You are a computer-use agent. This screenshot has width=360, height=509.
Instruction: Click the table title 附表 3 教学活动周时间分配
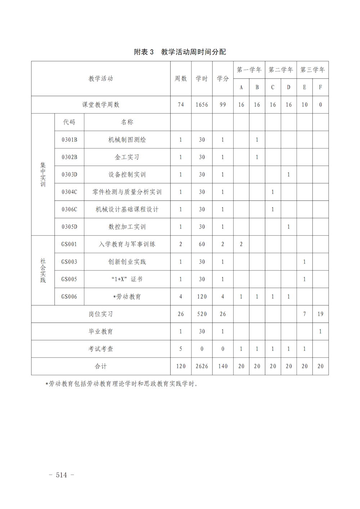(180, 52)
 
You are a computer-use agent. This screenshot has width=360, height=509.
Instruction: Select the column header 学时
(202, 78)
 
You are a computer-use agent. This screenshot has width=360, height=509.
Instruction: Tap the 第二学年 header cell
(281, 69)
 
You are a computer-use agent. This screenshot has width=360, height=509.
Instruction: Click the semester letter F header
(320, 87)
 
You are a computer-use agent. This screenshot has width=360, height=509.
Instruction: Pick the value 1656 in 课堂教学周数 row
(202, 105)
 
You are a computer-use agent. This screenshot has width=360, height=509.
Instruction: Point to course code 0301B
(69, 140)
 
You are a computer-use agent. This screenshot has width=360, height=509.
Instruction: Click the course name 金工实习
(127, 157)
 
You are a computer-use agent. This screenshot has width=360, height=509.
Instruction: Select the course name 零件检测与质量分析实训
(127, 192)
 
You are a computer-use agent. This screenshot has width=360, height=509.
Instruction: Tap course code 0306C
(69, 210)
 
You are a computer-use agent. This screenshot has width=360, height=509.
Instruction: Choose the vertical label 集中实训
(43, 175)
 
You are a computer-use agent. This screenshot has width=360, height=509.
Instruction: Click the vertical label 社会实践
(43, 270)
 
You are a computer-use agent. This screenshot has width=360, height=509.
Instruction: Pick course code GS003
(69, 262)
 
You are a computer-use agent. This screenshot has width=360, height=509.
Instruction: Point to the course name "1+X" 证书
(127, 279)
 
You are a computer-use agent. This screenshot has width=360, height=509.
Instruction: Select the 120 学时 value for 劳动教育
(202, 297)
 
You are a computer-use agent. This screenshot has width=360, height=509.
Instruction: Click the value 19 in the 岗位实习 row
(320, 314)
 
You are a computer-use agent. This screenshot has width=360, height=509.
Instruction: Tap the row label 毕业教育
(101, 331)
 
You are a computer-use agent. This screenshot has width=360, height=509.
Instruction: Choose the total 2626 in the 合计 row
(202, 366)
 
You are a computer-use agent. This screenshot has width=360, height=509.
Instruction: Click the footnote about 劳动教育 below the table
(122, 384)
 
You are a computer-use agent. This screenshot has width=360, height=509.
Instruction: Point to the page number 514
(62, 475)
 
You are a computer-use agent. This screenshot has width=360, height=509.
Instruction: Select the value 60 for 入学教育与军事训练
(202, 244)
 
